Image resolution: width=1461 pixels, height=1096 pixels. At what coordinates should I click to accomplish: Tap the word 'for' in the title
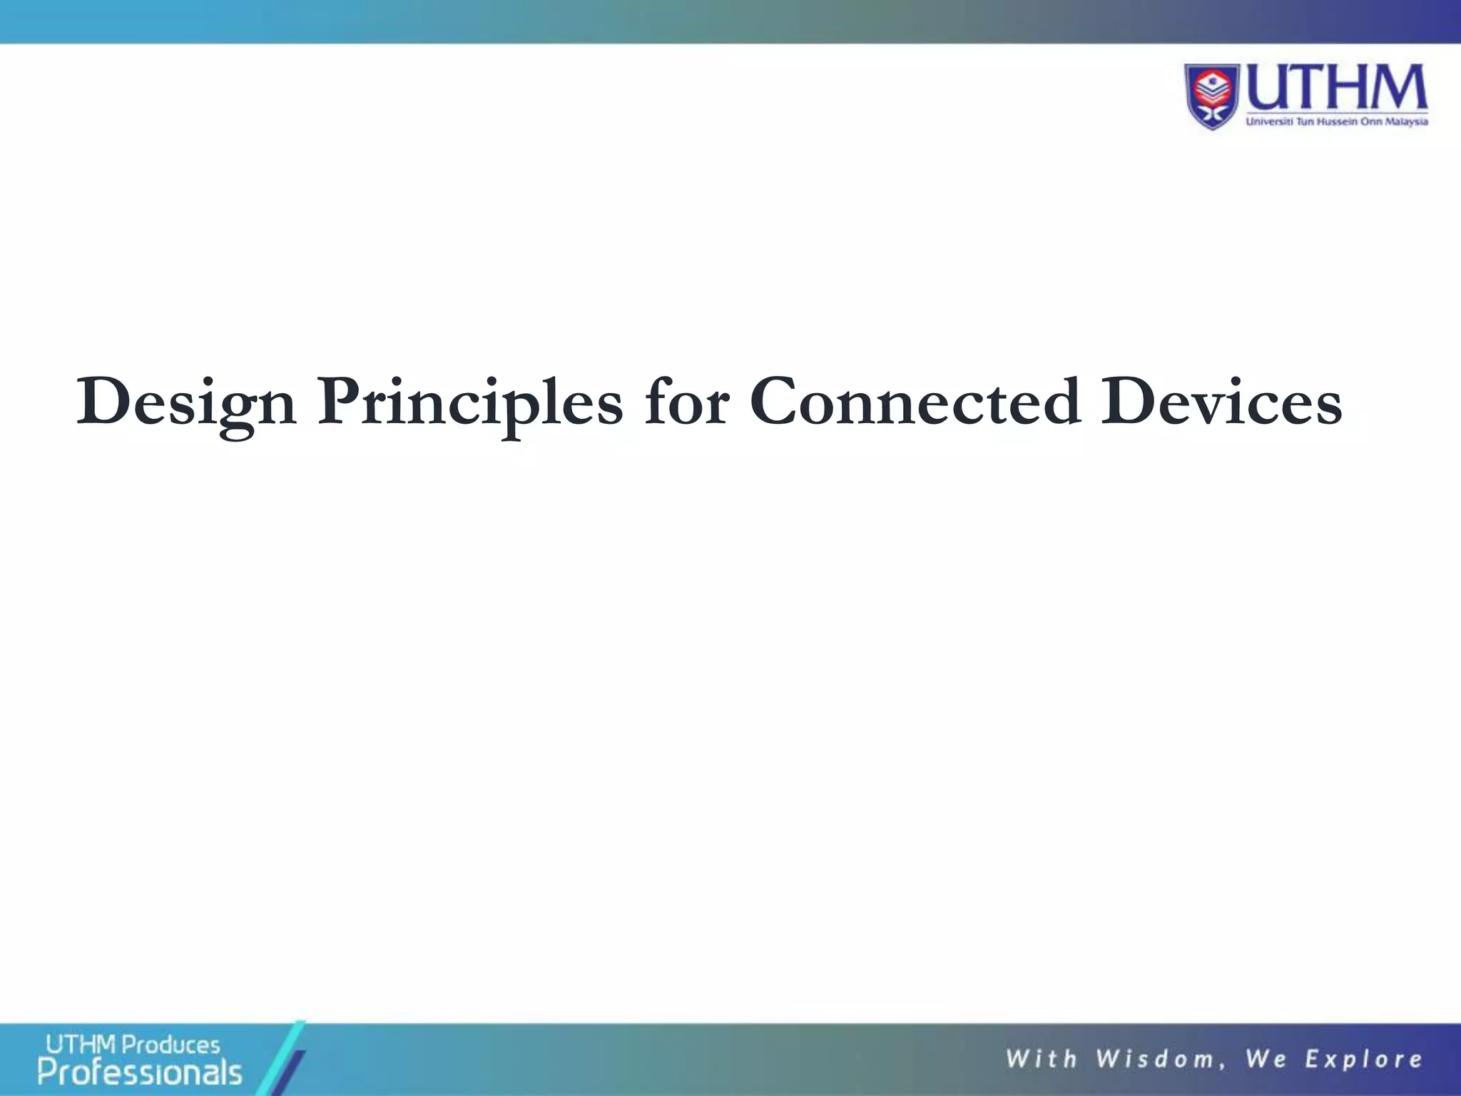tap(686, 402)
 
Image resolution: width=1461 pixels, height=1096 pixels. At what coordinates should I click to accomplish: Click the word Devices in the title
tap(1221, 402)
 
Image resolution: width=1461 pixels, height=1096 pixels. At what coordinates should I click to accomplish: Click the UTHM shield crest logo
tap(1213, 96)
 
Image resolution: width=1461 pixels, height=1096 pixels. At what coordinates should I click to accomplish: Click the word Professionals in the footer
tap(140, 1072)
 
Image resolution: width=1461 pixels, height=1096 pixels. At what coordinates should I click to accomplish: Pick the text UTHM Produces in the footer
tap(133, 1045)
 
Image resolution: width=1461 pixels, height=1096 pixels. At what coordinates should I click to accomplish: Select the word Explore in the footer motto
tap(1363, 1059)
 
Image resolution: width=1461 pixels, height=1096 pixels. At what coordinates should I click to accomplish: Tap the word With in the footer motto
tap(1041, 1059)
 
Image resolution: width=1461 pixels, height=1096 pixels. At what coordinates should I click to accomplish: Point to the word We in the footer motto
tap(1266, 1059)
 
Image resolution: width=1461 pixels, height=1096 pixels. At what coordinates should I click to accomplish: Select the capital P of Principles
tap(340, 401)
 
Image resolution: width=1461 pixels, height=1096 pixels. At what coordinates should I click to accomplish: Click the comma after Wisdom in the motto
tap(1222, 1066)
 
